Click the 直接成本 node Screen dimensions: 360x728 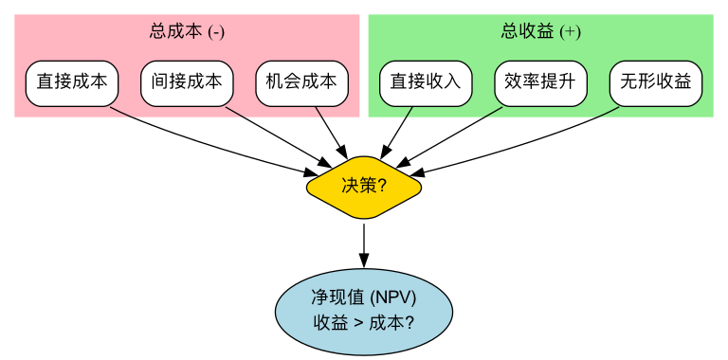pyautogui.click(x=71, y=82)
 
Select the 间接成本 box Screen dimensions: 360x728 pyautogui.click(x=187, y=82)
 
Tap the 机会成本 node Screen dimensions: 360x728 pyautogui.click(x=301, y=82)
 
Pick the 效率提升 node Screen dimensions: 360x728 pyautogui.click(x=540, y=82)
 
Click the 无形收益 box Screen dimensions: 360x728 pyautogui.click(x=655, y=82)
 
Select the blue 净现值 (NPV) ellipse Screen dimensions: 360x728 pyautogui.click(x=363, y=309)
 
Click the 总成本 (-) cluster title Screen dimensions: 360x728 pyautogui.click(x=187, y=31)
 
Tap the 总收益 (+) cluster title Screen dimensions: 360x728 pyautogui.click(x=540, y=31)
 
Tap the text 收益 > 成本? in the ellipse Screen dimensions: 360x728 pyautogui.click(x=363, y=321)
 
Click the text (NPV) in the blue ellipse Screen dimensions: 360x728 pyautogui.click(x=393, y=297)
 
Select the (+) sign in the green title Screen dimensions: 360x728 pyautogui.click(x=570, y=31)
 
